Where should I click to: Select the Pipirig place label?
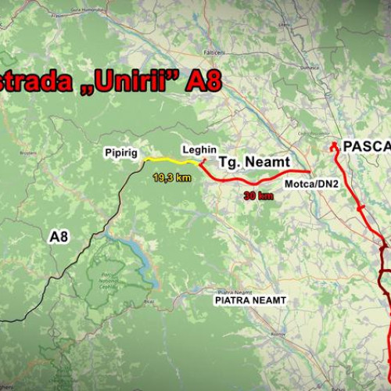121,153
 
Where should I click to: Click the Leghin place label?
199,149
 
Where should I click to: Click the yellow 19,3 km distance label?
172,178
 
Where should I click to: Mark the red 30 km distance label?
258,196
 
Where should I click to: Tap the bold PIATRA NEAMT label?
250,300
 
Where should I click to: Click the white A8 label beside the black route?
59,235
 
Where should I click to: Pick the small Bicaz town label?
149,300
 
